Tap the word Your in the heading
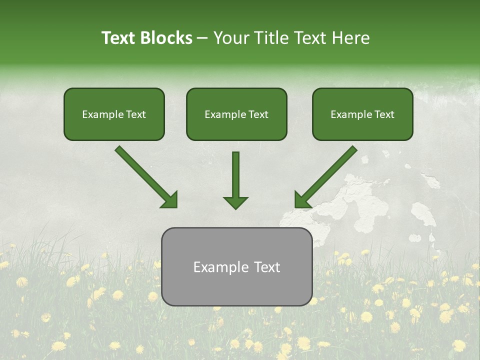click(x=231, y=38)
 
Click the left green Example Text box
click(x=114, y=114)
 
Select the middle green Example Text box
click(x=236, y=114)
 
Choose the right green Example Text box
click(x=362, y=114)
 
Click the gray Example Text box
click(x=237, y=267)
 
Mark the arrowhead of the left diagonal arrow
click(x=170, y=200)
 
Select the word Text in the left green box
click(x=136, y=114)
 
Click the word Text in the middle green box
click(x=258, y=114)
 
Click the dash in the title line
click(x=202, y=38)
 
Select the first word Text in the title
click(x=119, y=38)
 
